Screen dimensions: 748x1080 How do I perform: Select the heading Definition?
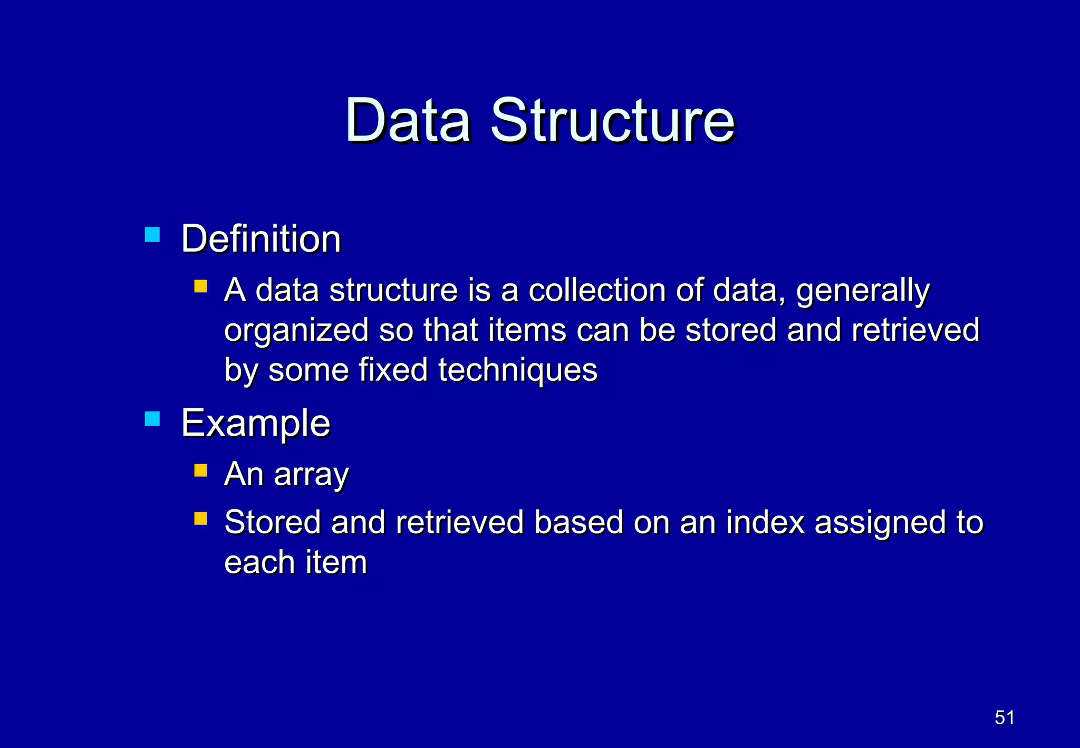click(261, 239)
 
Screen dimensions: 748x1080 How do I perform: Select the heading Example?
click(256, 424)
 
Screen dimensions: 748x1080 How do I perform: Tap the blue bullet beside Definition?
click(152, 234)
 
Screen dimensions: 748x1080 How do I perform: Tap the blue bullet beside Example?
click(152, 419)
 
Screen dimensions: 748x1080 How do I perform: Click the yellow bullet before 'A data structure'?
click(200, 286)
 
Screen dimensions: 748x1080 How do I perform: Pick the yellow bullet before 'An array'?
click(200, 470)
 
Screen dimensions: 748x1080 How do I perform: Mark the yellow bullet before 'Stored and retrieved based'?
click(200, 519)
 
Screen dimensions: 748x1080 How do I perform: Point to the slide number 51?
click(1004, 718)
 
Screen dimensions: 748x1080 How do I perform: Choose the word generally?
click(863, 292)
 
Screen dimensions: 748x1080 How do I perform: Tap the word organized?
click(296, 331)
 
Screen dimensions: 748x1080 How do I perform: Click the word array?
click(311, 475)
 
